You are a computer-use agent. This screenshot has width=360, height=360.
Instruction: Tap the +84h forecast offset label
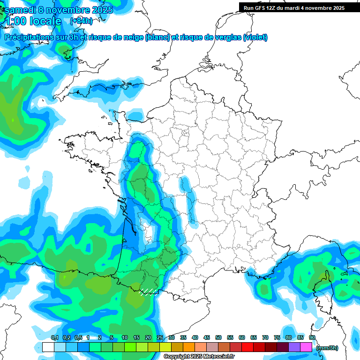[x=81, y=21]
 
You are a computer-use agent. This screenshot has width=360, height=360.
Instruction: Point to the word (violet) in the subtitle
[x=255, y=37]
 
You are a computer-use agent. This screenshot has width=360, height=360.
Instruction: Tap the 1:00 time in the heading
[x=15, y=21]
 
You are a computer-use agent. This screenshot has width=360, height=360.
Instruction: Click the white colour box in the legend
[x=48, y=347]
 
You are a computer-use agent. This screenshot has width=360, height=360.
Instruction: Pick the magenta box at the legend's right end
[x=306, y=347]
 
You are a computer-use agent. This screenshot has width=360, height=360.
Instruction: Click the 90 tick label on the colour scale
[x=312, y=337]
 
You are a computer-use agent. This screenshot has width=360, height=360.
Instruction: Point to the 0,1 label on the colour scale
[x=54, y=337]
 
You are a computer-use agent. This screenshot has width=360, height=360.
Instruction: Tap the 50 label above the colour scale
[x=218, y=337]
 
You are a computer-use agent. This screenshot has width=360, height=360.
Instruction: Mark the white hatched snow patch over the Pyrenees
[x=148, y=293]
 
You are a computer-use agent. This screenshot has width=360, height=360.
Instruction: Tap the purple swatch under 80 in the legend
[x=294, y=347]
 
